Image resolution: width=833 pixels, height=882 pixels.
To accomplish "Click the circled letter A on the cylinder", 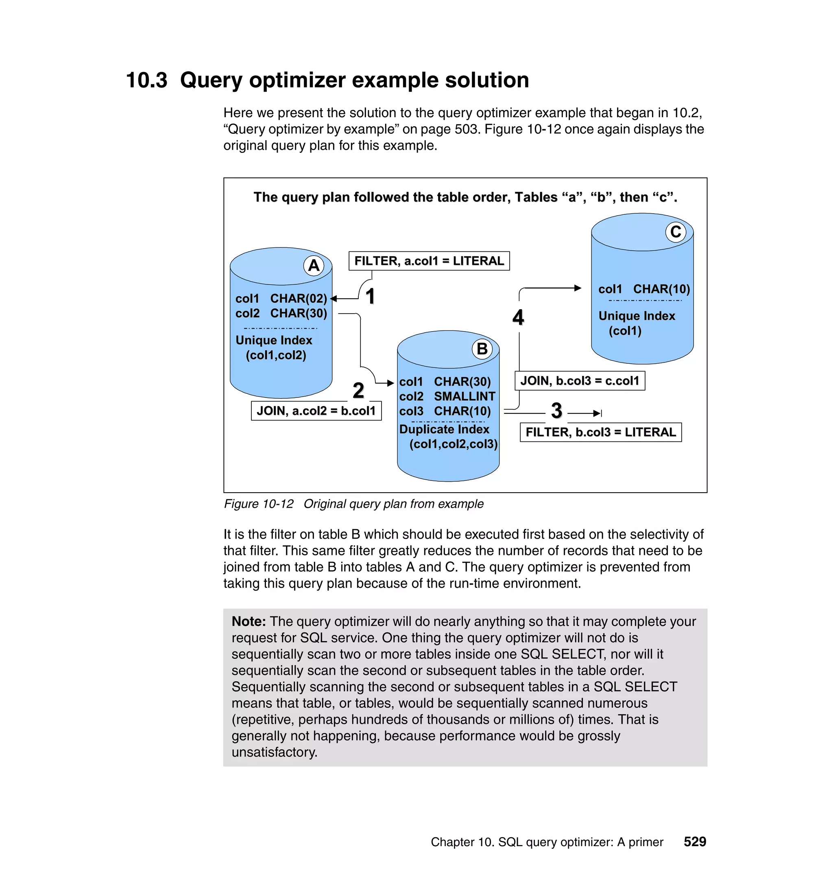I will [x=314, y=266].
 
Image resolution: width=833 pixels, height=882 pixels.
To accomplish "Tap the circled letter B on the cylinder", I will [x=482, y=349].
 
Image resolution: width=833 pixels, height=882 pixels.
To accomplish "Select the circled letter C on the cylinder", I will [x=675, y=232].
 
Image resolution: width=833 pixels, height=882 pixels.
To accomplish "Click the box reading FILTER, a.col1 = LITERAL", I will [x=429, y=261].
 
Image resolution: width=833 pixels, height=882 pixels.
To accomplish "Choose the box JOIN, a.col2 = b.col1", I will [x=316, y=411].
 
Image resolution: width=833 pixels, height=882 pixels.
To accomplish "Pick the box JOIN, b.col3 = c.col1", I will [x=580, y=381].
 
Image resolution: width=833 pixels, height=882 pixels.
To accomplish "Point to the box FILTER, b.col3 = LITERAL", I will [x=600, y=432].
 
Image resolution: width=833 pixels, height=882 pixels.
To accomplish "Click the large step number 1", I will [x=370, y=296].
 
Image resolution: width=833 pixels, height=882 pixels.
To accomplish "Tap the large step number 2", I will [x=358, y=391].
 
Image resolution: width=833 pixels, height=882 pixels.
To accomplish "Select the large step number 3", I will [x=556, y=411].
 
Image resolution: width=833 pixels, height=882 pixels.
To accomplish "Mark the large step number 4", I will [x=518, y=317].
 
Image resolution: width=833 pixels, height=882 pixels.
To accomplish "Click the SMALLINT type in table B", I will [x=464, y=396].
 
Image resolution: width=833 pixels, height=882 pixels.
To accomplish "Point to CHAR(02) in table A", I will [x=299, y=299].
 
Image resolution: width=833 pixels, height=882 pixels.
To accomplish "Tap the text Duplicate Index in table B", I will [x=444, y=429].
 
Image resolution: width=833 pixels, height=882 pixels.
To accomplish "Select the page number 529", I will [x=695, y=842].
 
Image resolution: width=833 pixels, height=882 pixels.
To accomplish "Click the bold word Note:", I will [x=249, y=621].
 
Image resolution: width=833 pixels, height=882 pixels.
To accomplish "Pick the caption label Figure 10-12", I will [x=258, y=504].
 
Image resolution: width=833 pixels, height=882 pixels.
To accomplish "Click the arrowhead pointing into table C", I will [x=578, y=288].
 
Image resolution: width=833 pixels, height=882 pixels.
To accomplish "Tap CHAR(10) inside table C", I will [x=661, y=289].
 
